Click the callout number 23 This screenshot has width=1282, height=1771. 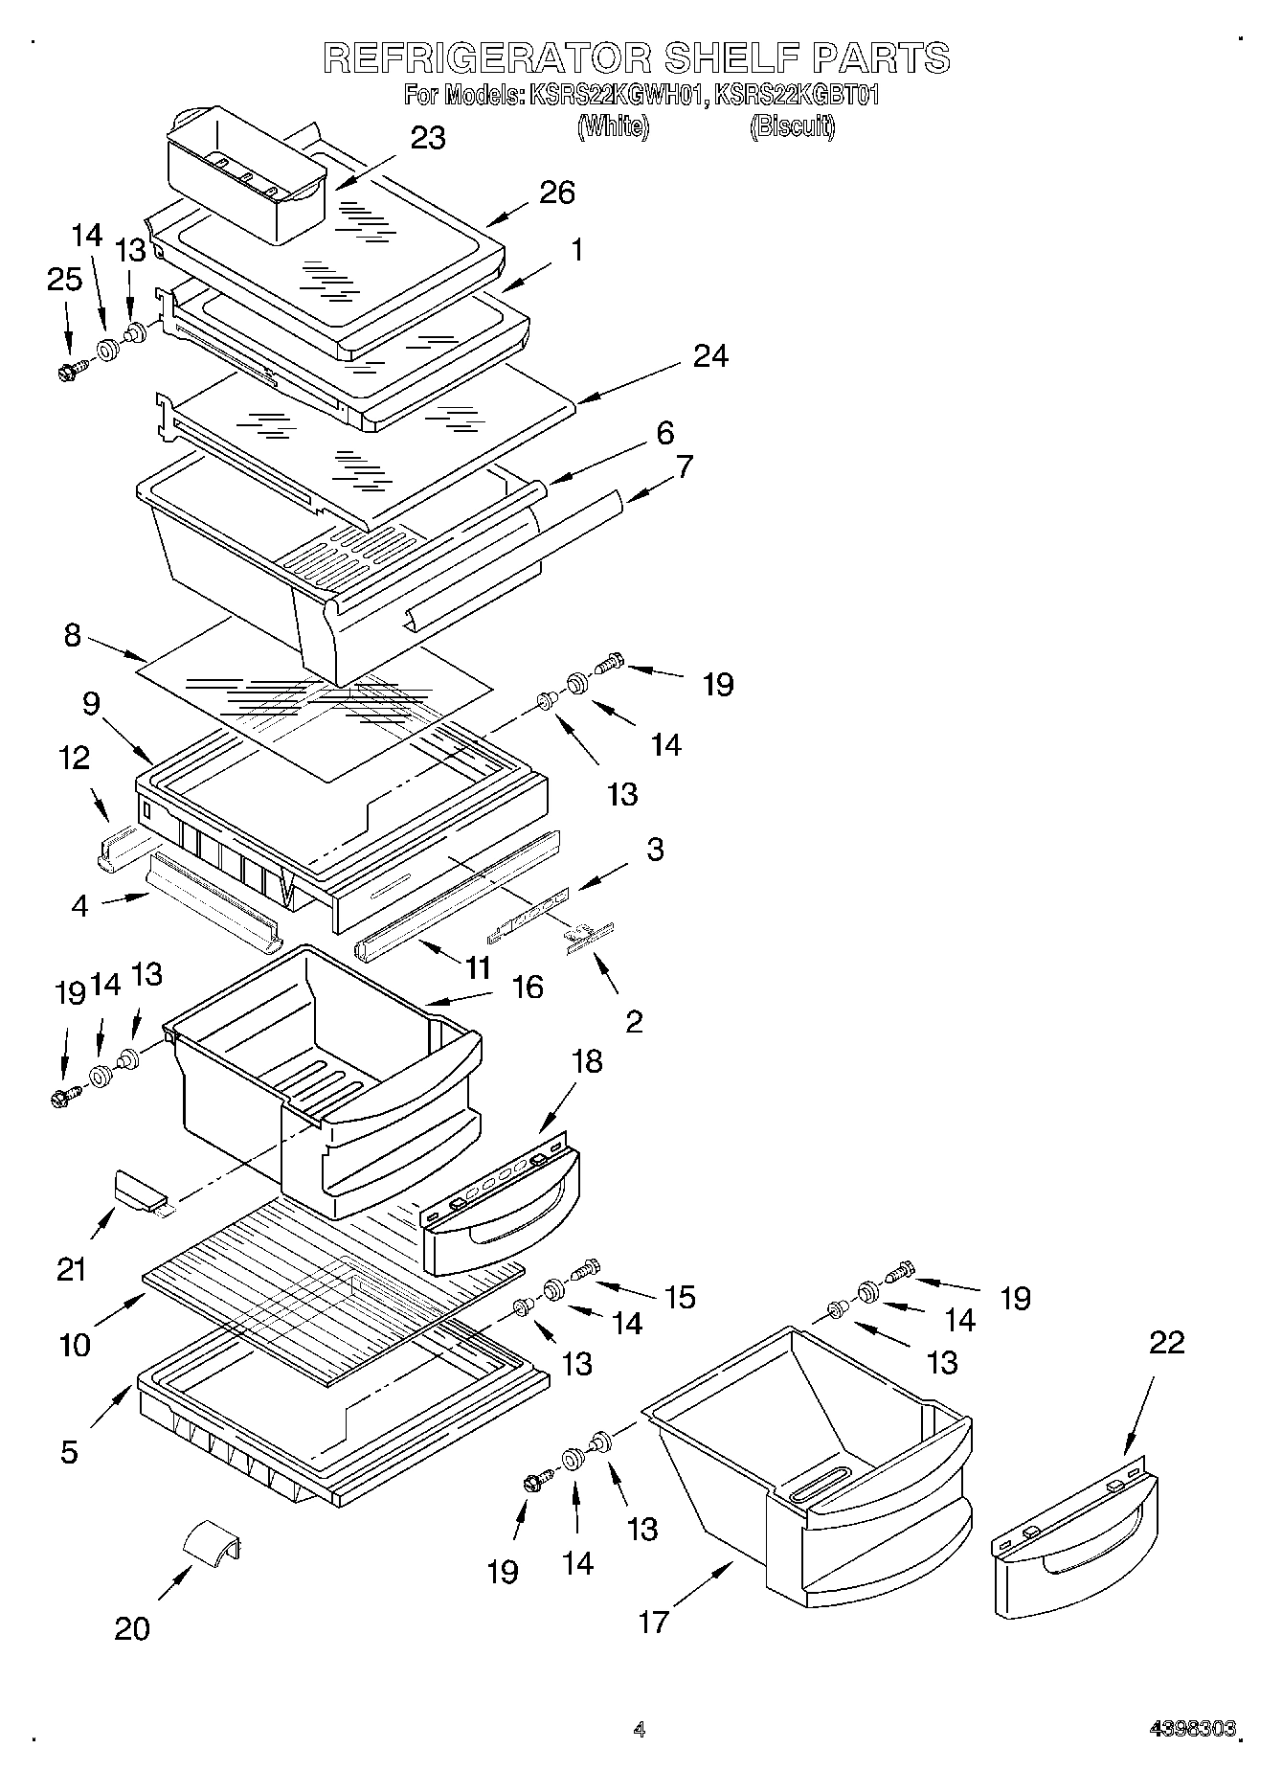click(x=428, y=138)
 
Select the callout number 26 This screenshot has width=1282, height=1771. click(x=556, y=193)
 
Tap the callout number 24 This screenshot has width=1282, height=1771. click(x=710, y=356)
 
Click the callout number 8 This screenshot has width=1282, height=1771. click(x=73, y=635)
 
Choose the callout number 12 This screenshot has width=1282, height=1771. click(x=74, y=758)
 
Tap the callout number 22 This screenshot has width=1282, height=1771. click(x=1166, y=1343)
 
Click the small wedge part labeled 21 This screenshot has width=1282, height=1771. click(x=139, y=1189)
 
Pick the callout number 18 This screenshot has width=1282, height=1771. click(x=587, y=1060)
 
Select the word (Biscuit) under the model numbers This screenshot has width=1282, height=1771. click(x=792, y=125)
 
